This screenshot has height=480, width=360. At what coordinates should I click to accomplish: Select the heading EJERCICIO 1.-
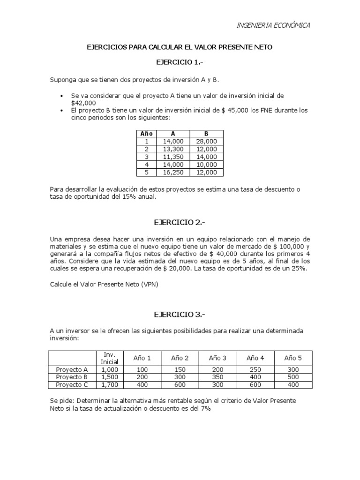point(180,62)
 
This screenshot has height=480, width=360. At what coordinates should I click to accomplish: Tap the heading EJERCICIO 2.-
point(180,221)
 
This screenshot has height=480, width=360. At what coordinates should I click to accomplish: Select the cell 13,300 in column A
point(174,149)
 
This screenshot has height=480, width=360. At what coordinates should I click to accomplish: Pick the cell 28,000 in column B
point(207,141)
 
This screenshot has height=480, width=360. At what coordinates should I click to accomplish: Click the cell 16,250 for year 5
point(174,172)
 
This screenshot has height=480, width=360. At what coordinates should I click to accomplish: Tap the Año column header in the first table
point(147,133)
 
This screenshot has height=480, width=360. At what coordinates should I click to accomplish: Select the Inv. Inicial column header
point(110,358)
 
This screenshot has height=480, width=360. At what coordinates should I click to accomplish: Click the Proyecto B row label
point(72,376)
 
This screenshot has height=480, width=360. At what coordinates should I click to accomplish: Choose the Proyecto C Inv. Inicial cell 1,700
point(110,384)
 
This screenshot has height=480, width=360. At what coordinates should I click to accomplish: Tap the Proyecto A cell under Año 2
point(180,369)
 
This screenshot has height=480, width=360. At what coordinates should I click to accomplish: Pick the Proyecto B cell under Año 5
point(293,376)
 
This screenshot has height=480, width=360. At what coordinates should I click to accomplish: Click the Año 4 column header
point(255,358)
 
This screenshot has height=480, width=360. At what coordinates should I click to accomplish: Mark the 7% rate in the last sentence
point(206,408)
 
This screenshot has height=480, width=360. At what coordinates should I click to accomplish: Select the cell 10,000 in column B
point(207,165)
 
